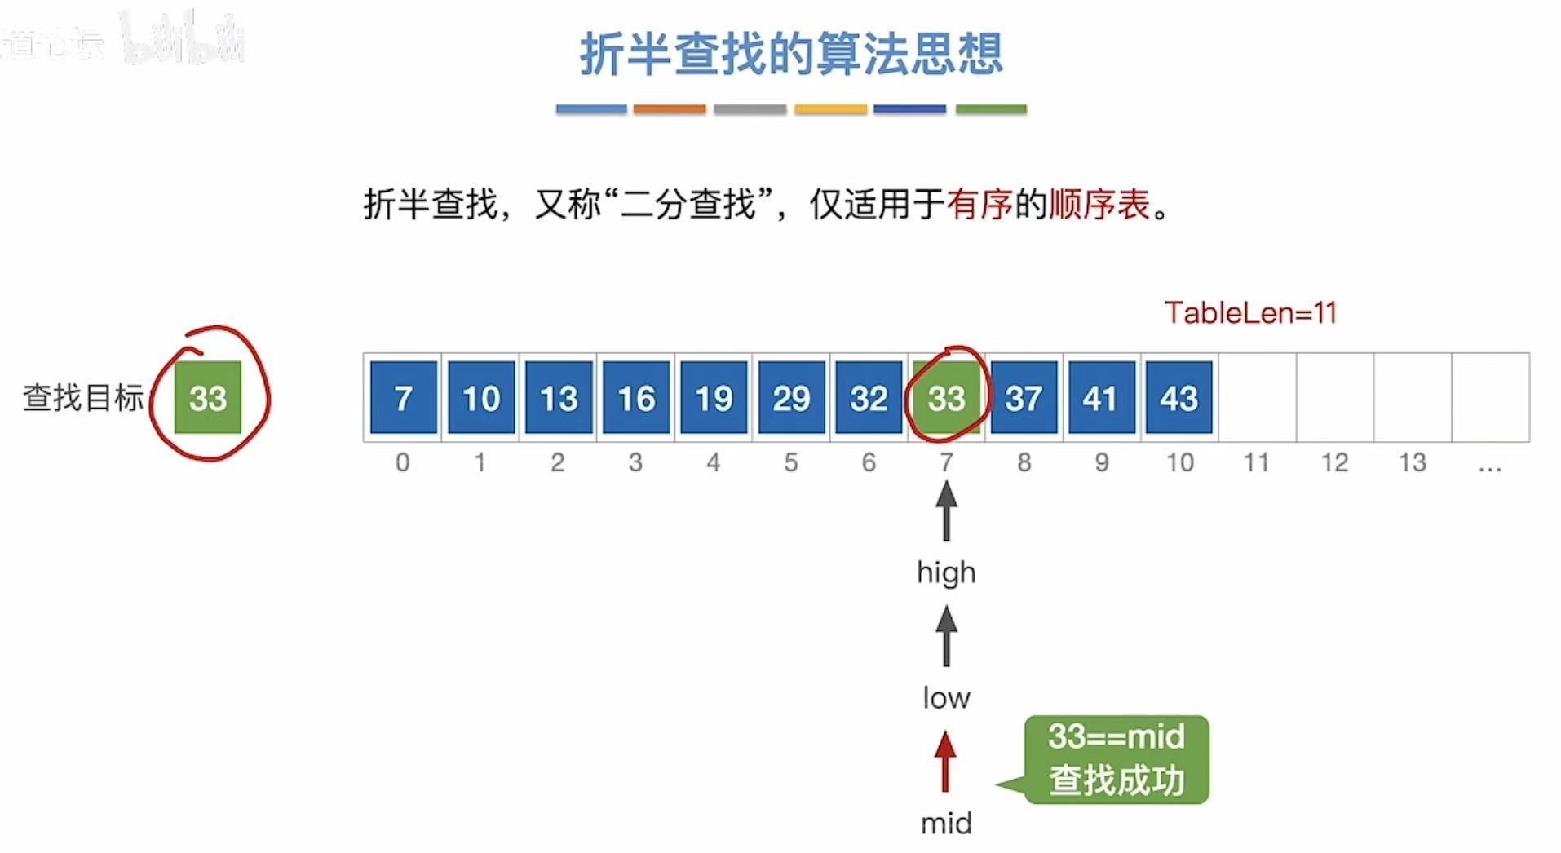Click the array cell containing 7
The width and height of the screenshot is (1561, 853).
[403, 398]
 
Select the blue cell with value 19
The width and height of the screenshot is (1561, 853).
[714, 398]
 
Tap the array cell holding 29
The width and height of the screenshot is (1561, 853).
[791, 398]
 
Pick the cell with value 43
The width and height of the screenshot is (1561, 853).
[1178, 398]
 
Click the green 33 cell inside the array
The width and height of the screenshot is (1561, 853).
[946, 398]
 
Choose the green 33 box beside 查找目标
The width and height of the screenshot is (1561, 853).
[208, 398]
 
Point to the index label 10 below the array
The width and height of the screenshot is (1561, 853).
[1179, 462]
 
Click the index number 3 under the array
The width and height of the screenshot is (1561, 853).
[635, 462]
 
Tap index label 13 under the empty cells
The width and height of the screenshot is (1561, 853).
[1413, 462]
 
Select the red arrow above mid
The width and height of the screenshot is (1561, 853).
[945, 761]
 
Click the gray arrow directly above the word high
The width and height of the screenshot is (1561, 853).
[946, 510]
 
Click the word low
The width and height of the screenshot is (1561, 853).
[946, 698]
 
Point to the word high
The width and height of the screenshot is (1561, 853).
[946, 572]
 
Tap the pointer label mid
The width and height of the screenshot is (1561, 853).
[946, 824]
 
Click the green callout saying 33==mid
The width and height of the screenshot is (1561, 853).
[1116, 759]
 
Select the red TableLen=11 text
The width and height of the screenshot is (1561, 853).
[1250, 312]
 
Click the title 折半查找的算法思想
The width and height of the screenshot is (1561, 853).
[791, 54]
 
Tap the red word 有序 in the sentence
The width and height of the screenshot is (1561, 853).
[979, 204]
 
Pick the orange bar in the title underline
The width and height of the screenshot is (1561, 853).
[669, 108]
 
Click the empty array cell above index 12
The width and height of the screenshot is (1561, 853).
[1334, 398]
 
